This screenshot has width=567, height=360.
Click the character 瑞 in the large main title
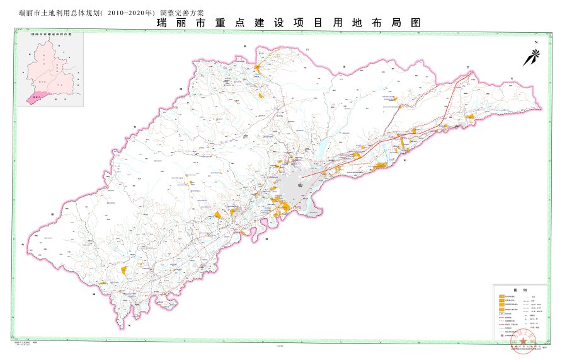[x=163, y=23]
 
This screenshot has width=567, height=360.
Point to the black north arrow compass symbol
[x=530, y=57]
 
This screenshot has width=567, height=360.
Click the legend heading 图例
[x=518, y=289]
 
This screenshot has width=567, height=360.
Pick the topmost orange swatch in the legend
[x=502, y=296]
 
